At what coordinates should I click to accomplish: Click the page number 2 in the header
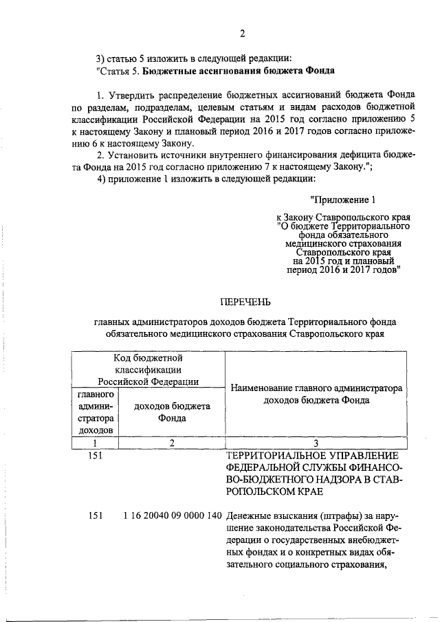(242, 34)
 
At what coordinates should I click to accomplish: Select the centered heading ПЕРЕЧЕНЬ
(245, 301)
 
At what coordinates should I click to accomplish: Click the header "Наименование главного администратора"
(316, 388)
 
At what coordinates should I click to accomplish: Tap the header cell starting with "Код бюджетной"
(148, 369)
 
